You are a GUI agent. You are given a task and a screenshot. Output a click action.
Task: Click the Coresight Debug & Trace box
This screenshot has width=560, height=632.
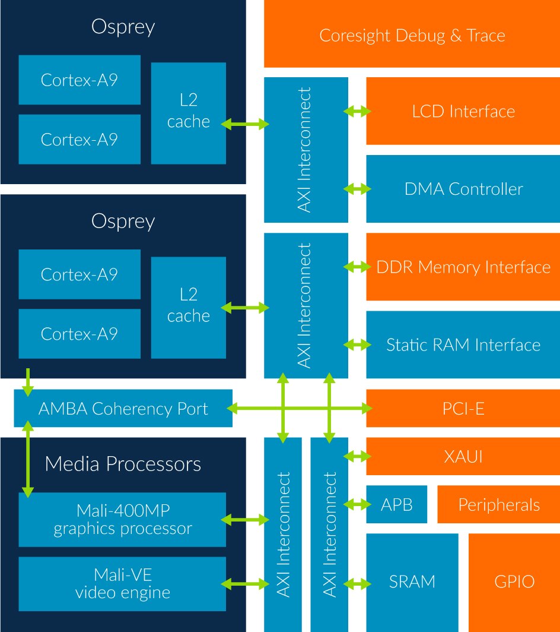pyautogui.click(x=412, y=34)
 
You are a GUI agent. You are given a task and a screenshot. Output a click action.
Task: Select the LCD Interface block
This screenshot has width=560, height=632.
pyautogui.click(x=463, y=111)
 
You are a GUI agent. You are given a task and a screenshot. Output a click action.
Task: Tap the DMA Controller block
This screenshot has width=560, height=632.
pyautogui.click(x=463, y=189)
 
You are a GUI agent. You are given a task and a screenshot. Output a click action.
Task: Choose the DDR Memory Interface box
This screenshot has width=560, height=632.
pyautogui.click(x=463, y=267)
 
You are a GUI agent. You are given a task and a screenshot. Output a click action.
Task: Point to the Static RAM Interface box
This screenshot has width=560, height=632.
pyautogui.click(x=463, y=345)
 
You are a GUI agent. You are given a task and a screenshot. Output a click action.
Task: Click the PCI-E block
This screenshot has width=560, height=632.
pyautogui.click(x=463, y=408)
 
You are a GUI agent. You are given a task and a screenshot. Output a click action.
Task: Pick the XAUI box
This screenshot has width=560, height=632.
pyautogui.click(x=463, y=456)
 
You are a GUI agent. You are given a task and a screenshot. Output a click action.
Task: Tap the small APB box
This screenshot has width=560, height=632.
pyautogui.click(x=397, y=504)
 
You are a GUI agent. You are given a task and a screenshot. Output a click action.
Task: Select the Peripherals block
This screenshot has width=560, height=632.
pyautogui.click(x=498, y=504)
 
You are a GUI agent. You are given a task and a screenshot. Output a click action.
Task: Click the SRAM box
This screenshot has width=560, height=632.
pyautogui.click(x=412, y=582)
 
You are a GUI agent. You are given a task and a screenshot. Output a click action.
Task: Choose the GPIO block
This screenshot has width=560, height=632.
pyautogui.click(x=514, y=582)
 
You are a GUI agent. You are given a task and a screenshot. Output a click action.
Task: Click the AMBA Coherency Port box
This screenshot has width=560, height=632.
pyautogui.click(x=123, y=408)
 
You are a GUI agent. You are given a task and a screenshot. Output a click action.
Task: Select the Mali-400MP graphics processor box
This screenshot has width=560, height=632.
pyautogui.click(x=122, y=519)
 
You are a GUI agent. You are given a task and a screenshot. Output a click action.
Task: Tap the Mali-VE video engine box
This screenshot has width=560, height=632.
pyautogui.click(x=122, y=583)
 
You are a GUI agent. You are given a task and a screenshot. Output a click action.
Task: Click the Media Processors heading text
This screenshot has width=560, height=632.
pyautogui.click(x=123, y=463)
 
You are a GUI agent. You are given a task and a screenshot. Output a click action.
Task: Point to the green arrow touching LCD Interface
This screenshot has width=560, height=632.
pyautogui.click(x=357, y=111)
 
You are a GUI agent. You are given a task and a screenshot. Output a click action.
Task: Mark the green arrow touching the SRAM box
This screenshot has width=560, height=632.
pyautogui.click(x=357, y=583)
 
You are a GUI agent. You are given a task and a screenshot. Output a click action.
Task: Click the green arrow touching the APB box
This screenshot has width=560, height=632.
pyautogui.click(x=357, y=504)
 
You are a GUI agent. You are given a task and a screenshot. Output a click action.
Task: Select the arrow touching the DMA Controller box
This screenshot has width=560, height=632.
pyautogui.click(x=357, y=189)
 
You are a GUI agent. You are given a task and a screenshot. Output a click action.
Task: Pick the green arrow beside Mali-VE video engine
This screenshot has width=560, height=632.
pyautogui.click(x=245, y=583)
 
